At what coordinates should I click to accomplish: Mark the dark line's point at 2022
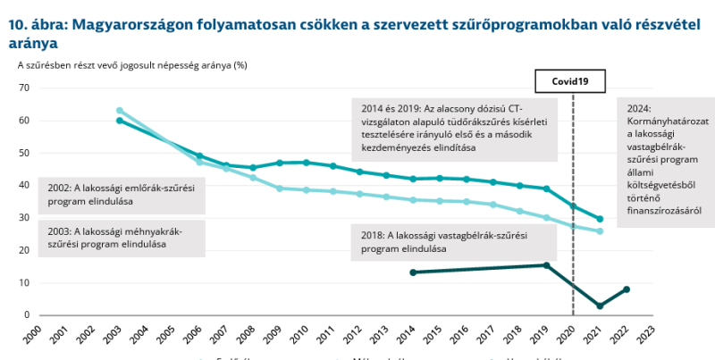[x=627, y=289]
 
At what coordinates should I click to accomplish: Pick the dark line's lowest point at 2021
[x=600, y=306]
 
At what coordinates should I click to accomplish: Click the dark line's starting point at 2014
[x=412, y=272]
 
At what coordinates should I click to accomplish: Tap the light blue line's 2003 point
[x=119, y=111]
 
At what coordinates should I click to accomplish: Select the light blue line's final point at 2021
[x=600, y=231]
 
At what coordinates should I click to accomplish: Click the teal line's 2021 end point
[x=600, y=219]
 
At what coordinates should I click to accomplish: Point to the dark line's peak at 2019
[x=546, y=265]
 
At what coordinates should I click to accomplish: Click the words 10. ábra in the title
[x=35, y=26]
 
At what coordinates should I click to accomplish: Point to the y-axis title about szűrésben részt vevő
[x=131, y=65]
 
